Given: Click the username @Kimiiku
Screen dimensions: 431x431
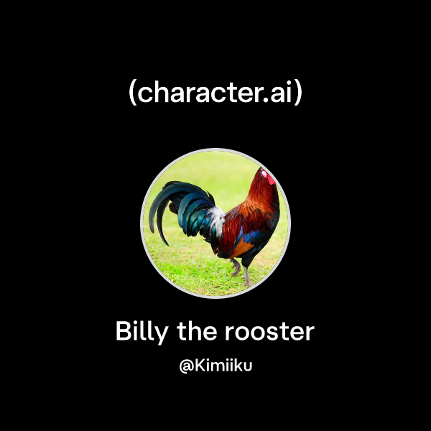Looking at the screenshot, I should coord(215,366).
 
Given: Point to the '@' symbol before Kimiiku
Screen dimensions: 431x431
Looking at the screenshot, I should coord(184,366).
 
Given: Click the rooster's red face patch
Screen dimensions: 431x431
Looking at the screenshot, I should coord(267,175).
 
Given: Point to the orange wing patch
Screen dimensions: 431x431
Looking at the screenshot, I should coord(240,248).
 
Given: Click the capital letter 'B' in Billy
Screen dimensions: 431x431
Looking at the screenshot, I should coord(122,332).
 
